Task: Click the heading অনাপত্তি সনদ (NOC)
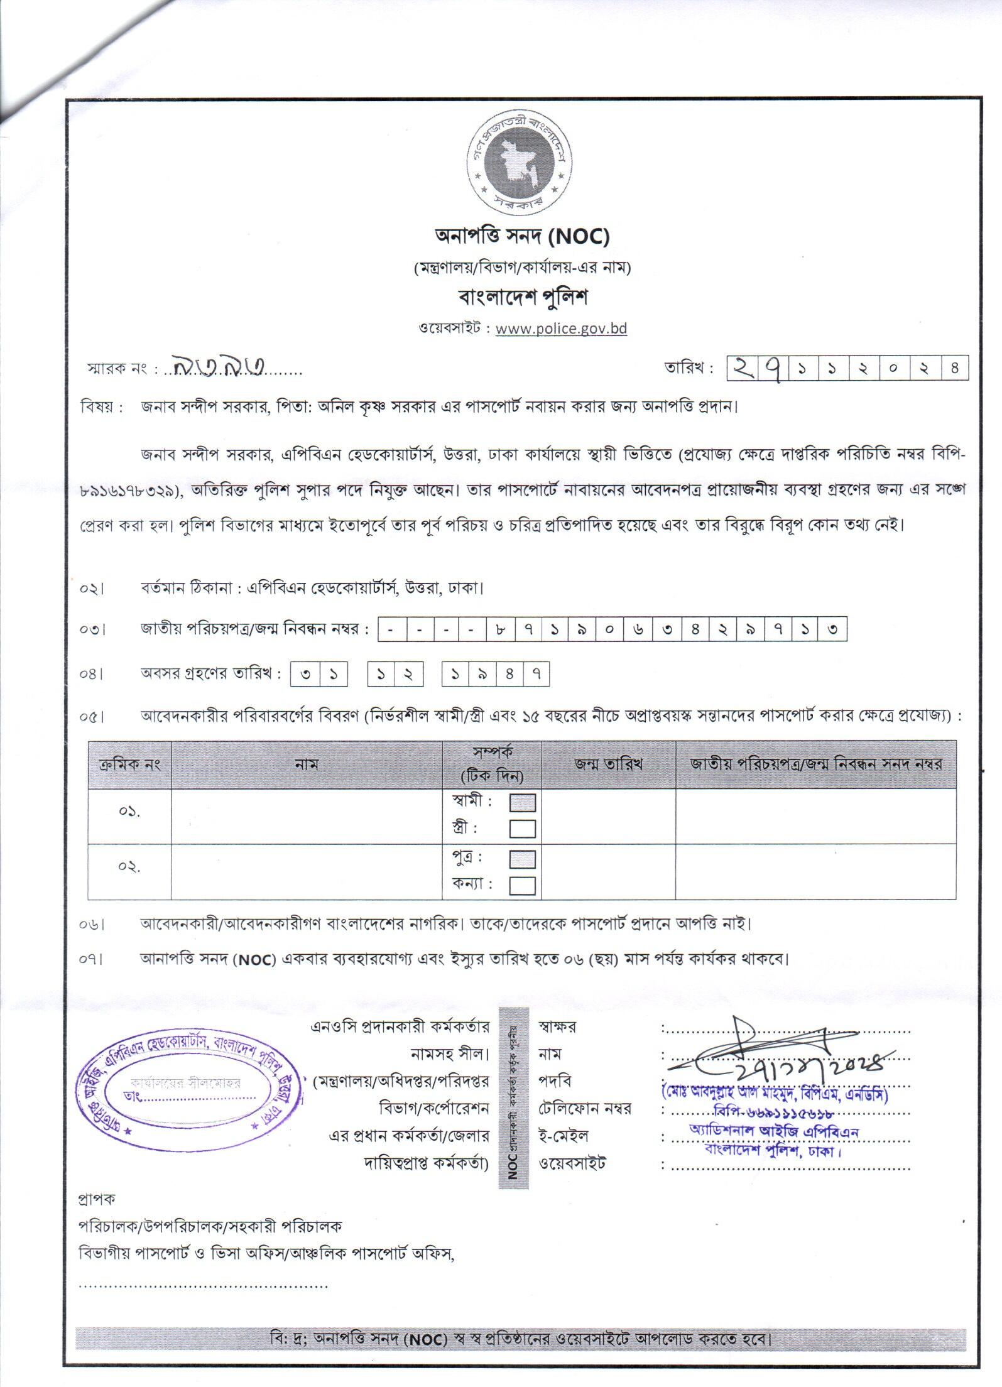(x=522, y=237)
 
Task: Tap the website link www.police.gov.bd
(x=561, y=329)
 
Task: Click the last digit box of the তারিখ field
(x=954, y=368)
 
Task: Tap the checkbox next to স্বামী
(x=522, y=803)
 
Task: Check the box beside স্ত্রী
(x=522, y=829)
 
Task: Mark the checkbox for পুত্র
(x=522, y=859)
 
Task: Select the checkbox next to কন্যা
(x=522, y=885)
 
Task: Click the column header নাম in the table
(x=307, y=764)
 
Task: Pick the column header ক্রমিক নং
(x=130, y=764)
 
